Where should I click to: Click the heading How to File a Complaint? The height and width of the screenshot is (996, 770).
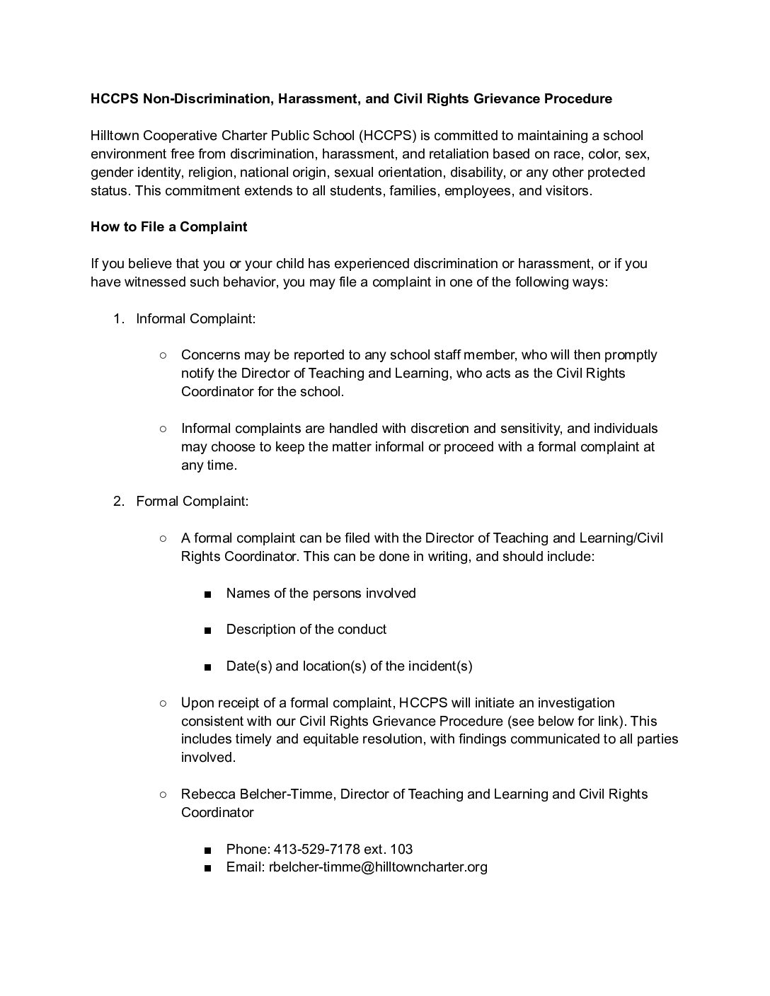point(168,227)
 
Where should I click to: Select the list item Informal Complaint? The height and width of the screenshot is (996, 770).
point(195,318)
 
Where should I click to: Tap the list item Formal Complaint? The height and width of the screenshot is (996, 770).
point(192,502)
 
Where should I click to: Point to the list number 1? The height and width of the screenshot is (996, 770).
point(119,318)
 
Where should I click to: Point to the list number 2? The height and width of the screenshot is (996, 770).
point(119,502)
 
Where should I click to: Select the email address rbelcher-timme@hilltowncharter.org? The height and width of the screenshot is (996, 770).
point(378,867)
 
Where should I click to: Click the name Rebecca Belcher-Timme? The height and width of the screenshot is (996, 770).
point(256,794)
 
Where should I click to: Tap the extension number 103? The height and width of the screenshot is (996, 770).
point(401,849)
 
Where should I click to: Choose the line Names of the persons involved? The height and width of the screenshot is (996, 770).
point(321,593)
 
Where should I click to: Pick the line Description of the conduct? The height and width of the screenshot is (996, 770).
point(306,630)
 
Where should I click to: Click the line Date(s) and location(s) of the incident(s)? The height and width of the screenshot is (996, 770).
point(349,666)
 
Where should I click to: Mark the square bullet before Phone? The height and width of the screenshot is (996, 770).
point(207,850)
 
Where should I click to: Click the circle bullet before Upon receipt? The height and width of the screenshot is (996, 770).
point(163,703)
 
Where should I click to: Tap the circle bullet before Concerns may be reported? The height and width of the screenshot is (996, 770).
point(163,355)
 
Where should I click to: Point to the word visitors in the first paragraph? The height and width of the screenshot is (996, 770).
point(566,191)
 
